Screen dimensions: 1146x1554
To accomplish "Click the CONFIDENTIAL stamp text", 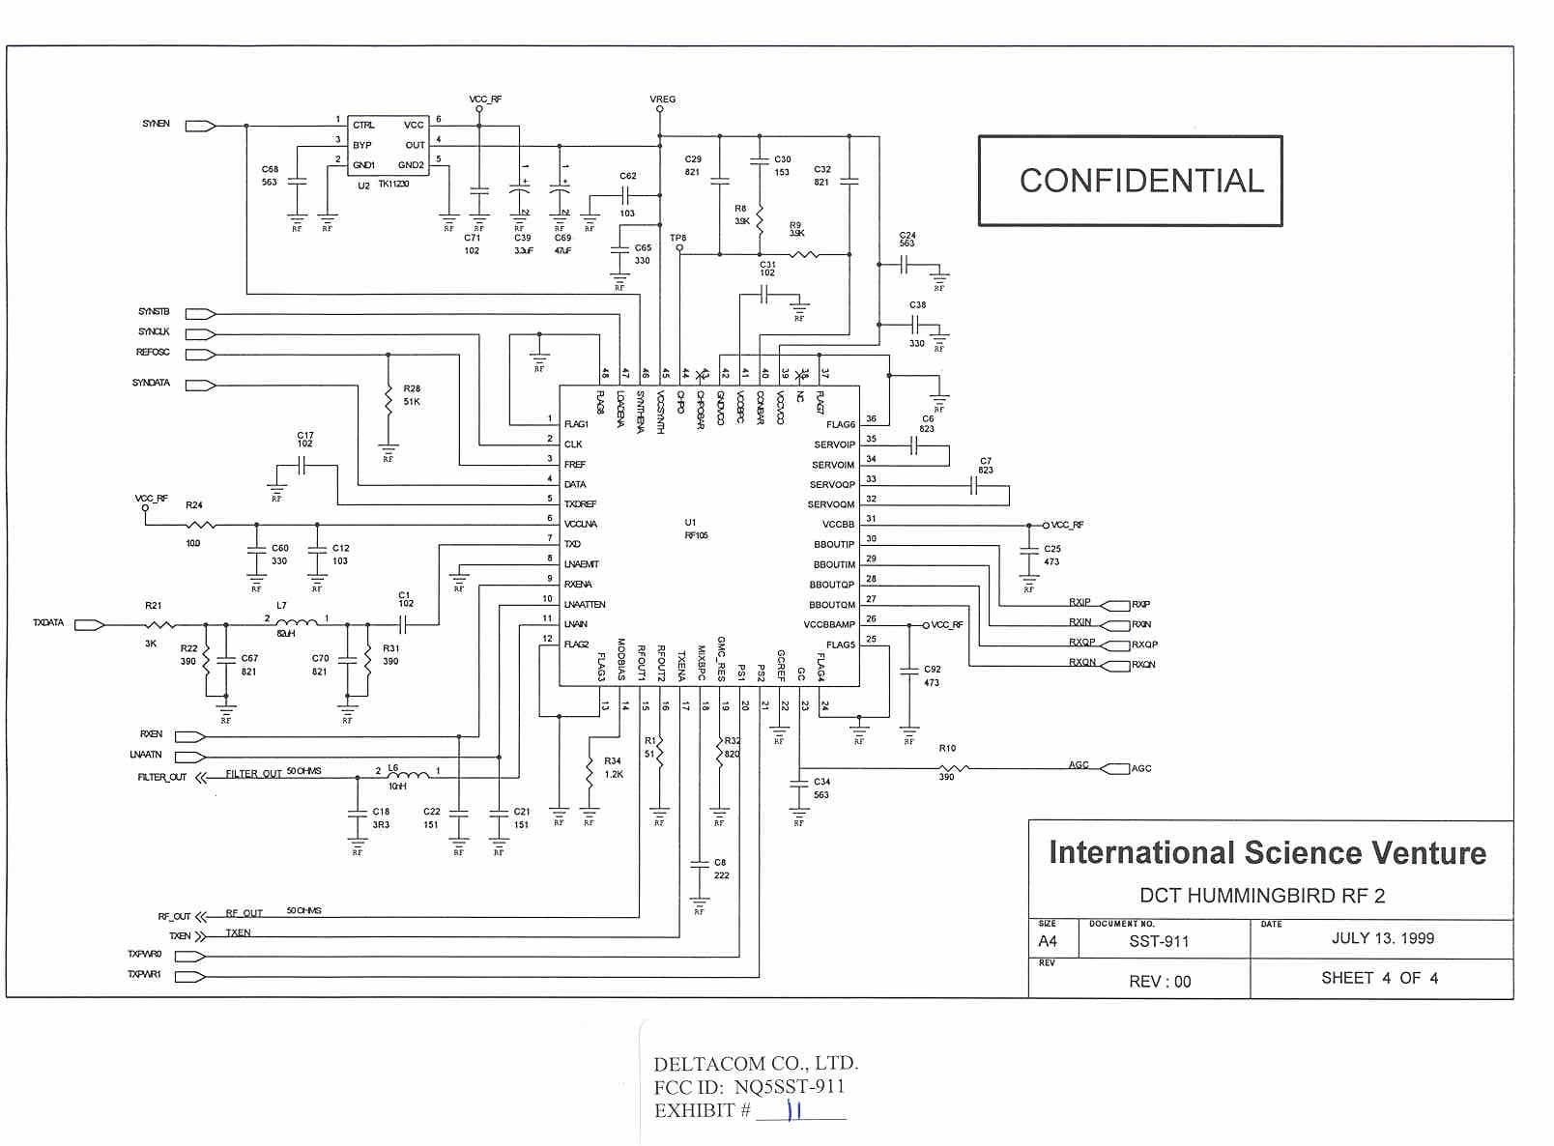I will [x=1141, y=181].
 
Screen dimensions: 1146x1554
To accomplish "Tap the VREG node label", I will [x=663, y=100].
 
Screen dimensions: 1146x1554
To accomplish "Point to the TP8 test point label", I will [x=678, y=238].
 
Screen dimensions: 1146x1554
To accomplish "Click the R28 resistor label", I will [x=412, y=388].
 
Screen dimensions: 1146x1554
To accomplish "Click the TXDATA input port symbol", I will [x=90, y=625].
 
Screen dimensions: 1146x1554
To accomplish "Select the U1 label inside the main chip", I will [x=690, y=523].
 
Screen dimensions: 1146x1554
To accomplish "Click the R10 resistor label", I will [x=947, y=748].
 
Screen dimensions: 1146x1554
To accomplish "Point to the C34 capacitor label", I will [x=821, y=782].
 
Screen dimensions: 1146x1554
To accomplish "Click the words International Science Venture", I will [x=1267, y=853].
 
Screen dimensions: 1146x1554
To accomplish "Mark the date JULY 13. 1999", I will [x=1382, y=938].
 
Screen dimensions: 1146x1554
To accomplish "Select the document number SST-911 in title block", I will [x=1159, y=941].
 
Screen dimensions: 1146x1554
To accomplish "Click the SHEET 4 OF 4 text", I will [x=1379, y=978].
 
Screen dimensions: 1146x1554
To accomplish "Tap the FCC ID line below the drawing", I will [x=749, y=1087].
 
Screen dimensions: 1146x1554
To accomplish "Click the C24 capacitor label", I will [x=907, y=236].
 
